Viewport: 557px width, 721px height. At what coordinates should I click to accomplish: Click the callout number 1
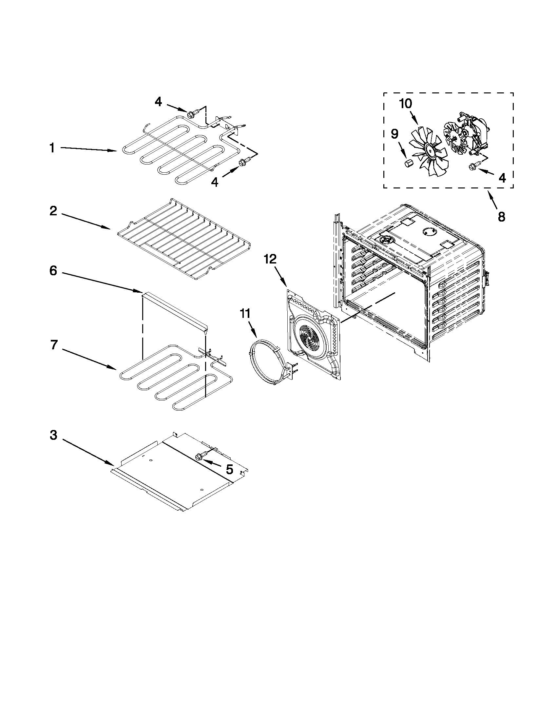click(52, 148)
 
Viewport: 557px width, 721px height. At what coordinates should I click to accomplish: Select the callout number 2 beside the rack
click(53, 211)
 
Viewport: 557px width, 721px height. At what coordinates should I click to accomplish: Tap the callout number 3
click(53, 436)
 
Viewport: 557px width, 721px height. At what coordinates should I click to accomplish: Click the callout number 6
click(53, 271)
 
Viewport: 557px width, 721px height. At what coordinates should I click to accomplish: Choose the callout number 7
click(54, 345)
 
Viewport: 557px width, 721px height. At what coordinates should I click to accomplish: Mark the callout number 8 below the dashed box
click(501, 217)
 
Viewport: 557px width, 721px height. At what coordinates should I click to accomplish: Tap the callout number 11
click(245, 313)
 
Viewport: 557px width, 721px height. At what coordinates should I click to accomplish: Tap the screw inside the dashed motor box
click(472, 167)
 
